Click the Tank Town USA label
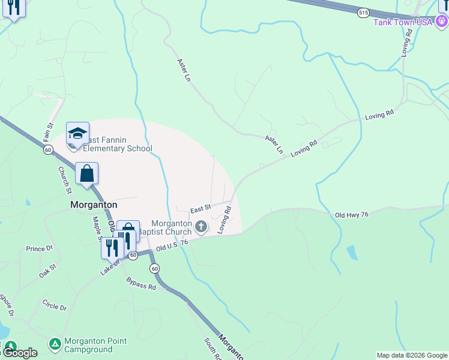pyautogui.click(x=403, y=22)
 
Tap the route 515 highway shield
pyautogui.click(x=363, y=12)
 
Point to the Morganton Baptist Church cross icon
pyautogui.click(x=201, y=227)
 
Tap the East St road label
pyautogui.click(x=200, y=209)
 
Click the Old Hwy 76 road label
pyautogui.click(x=351, y=214)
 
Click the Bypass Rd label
pyautogui.click(x=141, y=284)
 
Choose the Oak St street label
pyautogui.click(x=47, y=270)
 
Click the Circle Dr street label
pyautogui.click(x=55, y=307)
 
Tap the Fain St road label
pyautogui.click(x=48, y=132)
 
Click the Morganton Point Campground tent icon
pyautogui.click(x=55, y=344)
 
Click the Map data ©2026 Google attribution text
pyautogui.click(x=412, y=355)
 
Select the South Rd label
pyautogui.click(x=212, y=349)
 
